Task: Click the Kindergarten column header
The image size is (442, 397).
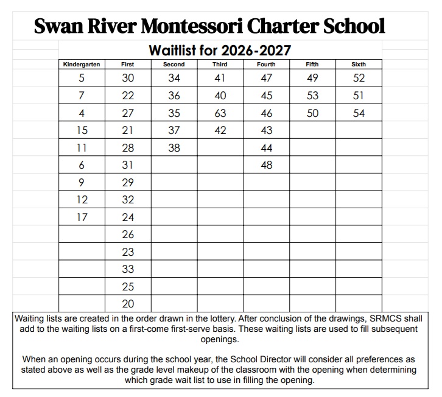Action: pos(82,64)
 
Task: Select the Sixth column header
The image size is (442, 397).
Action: pos(359,64)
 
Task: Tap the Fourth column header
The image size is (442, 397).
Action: pos(266,64)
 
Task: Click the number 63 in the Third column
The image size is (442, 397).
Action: pos(220,113)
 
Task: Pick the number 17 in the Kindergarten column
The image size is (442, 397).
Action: pos(82,217)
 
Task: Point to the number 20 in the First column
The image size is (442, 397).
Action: pos(128,304)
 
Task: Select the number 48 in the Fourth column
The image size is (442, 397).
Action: pos(266,165)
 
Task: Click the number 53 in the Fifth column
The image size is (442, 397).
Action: pos(312,96)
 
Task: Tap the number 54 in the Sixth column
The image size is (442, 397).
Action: pos(359,113)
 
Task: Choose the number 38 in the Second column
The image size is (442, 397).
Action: pos(174,148)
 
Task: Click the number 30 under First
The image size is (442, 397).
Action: pos(128,78)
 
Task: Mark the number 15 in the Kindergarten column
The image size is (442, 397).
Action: pos(82,130)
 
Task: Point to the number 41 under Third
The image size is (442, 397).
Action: pos(220,78)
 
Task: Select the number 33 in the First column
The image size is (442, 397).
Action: pos(128,269)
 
